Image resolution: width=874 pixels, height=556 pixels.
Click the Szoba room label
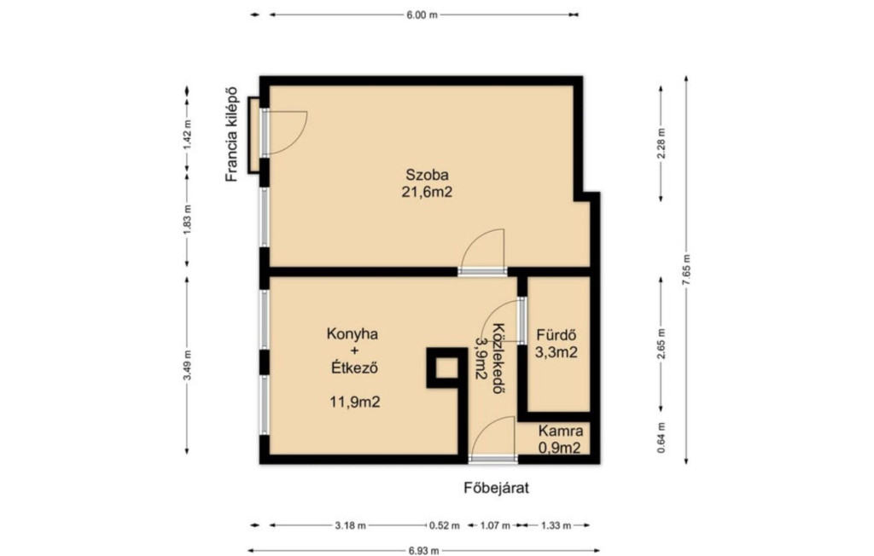pos(427,174)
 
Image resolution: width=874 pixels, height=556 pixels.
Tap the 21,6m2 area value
pos(427,192)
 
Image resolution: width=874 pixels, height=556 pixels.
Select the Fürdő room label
pos(556,335)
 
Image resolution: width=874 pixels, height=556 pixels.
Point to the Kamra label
pos(561,431)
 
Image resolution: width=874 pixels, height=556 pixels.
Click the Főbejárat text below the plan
pos(496,488)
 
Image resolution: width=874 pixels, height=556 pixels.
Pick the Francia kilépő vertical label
pos(231,134)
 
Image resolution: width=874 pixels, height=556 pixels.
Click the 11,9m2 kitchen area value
pos(355,402)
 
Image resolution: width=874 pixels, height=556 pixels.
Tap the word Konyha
pos(353,333)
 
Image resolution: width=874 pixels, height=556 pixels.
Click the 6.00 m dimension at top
pos(422,15)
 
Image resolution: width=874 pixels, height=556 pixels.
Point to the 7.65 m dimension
pos(686,270)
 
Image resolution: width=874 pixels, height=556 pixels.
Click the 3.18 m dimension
pos(350,525)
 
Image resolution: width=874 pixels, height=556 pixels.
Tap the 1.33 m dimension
pos(555,525)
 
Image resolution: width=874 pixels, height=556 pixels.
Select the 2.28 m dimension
pos(661,144)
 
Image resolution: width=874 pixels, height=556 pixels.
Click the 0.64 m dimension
pos(661,437)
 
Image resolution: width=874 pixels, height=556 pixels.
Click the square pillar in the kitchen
pos(446,368)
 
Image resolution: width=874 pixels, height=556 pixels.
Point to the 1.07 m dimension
pos(495,525)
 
